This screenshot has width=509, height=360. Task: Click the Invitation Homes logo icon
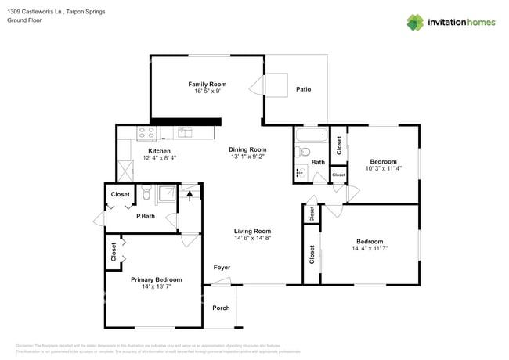point(417,22)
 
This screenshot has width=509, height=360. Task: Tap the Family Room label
point(207,84)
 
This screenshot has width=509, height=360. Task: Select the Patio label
point(303,89)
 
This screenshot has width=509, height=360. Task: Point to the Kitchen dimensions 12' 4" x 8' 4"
point(159,158)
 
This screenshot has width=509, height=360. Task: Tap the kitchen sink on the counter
point(185,131)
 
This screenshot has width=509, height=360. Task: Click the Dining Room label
point(247,149)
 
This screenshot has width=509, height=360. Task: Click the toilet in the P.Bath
point(146,192)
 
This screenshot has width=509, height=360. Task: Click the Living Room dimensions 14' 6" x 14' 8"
point(252,239)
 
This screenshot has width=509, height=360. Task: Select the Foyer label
point(222,268)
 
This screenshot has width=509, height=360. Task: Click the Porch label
point(222,308)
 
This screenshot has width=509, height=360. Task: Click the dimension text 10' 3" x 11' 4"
point(384,170)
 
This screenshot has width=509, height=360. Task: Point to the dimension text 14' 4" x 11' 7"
point(370,249)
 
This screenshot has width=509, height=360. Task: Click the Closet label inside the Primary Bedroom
point(114,250)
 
